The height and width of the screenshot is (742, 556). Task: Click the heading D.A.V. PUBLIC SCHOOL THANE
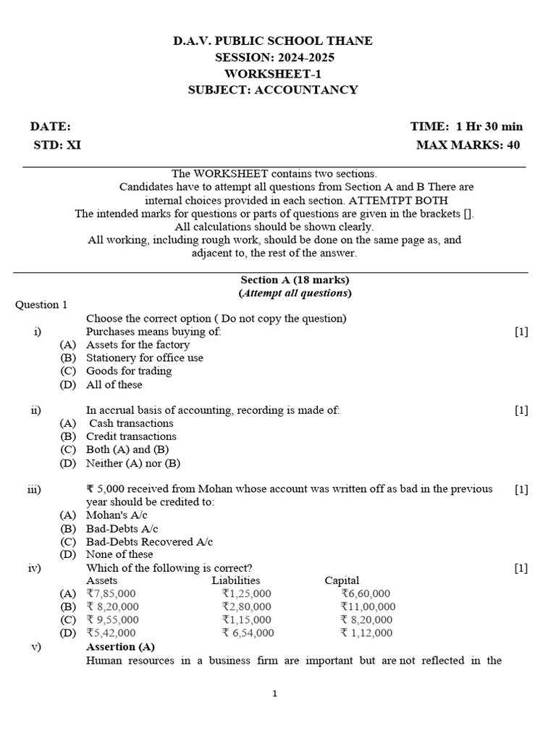tap(273, 41)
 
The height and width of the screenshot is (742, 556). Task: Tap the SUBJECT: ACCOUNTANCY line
tap(273, 90)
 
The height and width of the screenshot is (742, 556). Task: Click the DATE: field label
tap(50, 126)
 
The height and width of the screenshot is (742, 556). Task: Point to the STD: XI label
tap(57, 145)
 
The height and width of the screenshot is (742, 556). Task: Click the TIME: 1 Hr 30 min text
tap(466, 126)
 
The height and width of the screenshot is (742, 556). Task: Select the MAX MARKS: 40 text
tap(468, 145)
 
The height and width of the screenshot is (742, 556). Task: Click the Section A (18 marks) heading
tap(295, 280)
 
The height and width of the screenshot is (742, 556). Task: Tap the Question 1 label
tap(41, 305)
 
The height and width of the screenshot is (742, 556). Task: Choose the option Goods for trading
tap(129, 371)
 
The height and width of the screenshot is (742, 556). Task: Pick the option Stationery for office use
tap(145, 358)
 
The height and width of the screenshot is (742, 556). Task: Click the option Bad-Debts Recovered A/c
tap(149, 541)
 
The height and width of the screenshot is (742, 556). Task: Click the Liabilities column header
tap(236, 580)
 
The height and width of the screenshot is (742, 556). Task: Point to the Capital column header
tap(342, 580)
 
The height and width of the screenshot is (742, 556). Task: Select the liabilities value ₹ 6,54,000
tap(248, 633)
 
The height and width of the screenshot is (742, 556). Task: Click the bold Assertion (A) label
tap(120, 646)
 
